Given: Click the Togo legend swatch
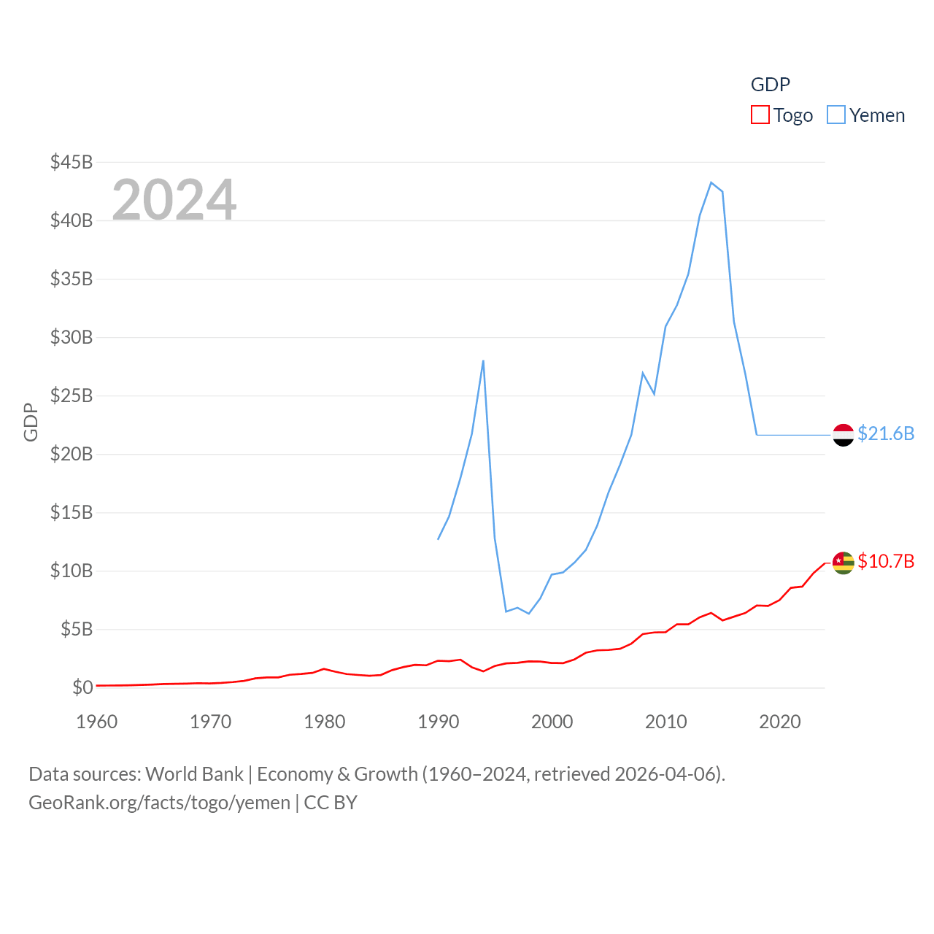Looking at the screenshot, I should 760,115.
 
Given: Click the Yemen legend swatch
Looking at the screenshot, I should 836,115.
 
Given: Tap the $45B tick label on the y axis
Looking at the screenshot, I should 72,162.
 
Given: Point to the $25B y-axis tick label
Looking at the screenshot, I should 72,395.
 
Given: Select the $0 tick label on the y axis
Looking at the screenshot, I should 82,687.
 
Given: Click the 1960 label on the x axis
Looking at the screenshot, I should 97,722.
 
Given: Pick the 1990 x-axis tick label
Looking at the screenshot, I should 439,722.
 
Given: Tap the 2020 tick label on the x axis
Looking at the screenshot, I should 780,722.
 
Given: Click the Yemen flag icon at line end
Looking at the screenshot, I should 843,435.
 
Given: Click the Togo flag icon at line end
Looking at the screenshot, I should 843,563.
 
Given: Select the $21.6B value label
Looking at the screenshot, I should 886,433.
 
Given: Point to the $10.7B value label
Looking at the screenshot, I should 886,561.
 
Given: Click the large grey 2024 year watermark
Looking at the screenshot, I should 174,199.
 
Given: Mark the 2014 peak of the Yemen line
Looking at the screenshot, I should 711,182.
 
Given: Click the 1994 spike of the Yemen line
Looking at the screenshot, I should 483,360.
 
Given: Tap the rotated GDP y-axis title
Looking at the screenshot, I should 31,422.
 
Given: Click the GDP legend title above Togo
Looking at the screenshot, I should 771,85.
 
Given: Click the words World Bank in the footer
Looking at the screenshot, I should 194,774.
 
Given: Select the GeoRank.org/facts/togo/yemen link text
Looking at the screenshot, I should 159,803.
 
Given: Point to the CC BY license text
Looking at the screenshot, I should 331,803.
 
